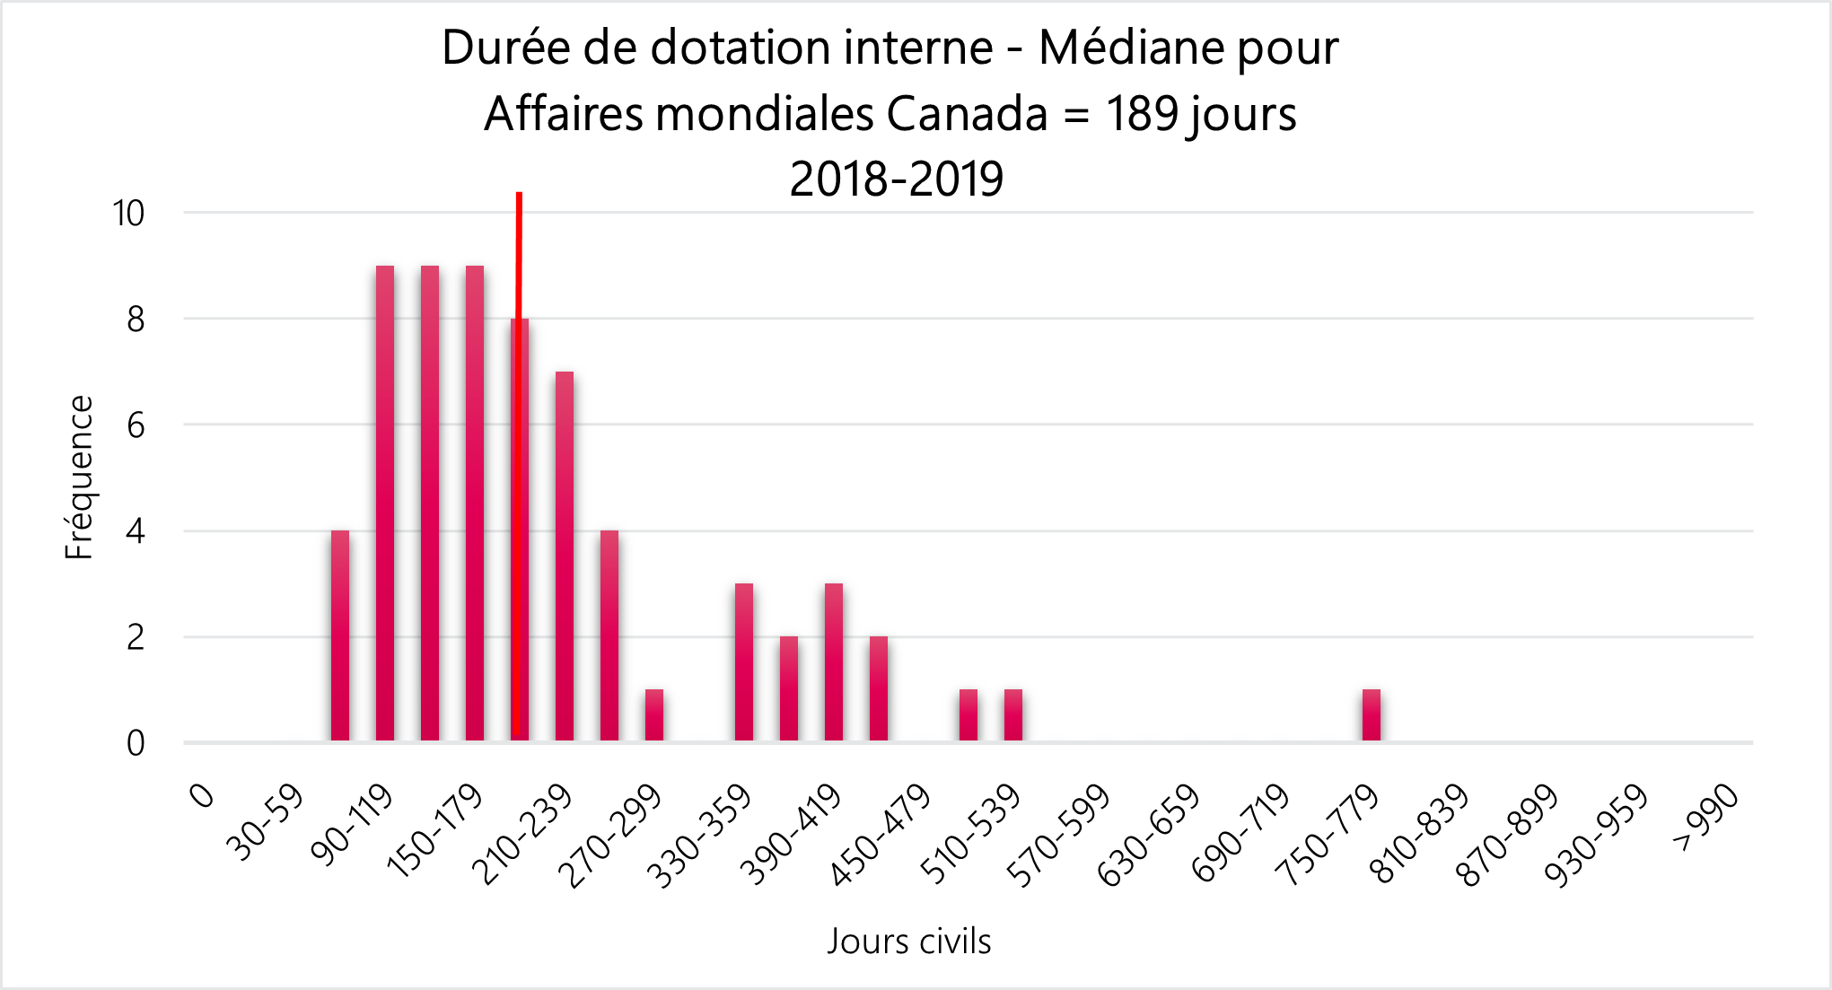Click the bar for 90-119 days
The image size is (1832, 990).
coord(385,503)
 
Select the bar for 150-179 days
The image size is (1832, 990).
coord(475,503)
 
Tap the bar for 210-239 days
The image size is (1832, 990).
coord(565,556)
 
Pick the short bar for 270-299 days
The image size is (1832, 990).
coord(654,715)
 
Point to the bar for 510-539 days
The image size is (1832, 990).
coord(1013,715)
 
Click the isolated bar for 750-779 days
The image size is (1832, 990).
coord(1372,715)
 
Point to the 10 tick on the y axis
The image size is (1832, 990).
coord(128,214)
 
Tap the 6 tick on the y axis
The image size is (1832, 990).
coord(136,425)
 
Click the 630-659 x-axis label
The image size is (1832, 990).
coord(1150,835)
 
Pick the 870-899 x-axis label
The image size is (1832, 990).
coord(1508,835)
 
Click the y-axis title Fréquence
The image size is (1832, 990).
coord(79,477)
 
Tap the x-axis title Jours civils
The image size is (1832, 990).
coord(909,941)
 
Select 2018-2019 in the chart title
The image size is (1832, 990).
coord(896,179)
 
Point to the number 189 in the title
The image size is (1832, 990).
coord(1142,114)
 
